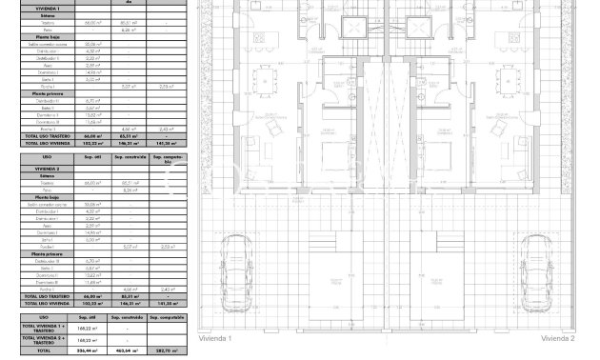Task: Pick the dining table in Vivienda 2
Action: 504,77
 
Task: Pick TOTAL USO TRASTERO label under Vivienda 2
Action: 44,296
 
